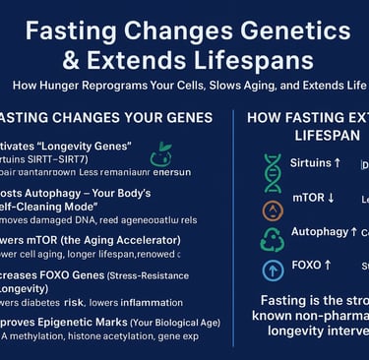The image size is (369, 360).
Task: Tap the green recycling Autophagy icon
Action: tap(273, 237)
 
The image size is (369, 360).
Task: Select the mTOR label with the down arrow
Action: tap(314, 197)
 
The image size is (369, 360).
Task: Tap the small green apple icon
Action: tap(160, 154)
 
